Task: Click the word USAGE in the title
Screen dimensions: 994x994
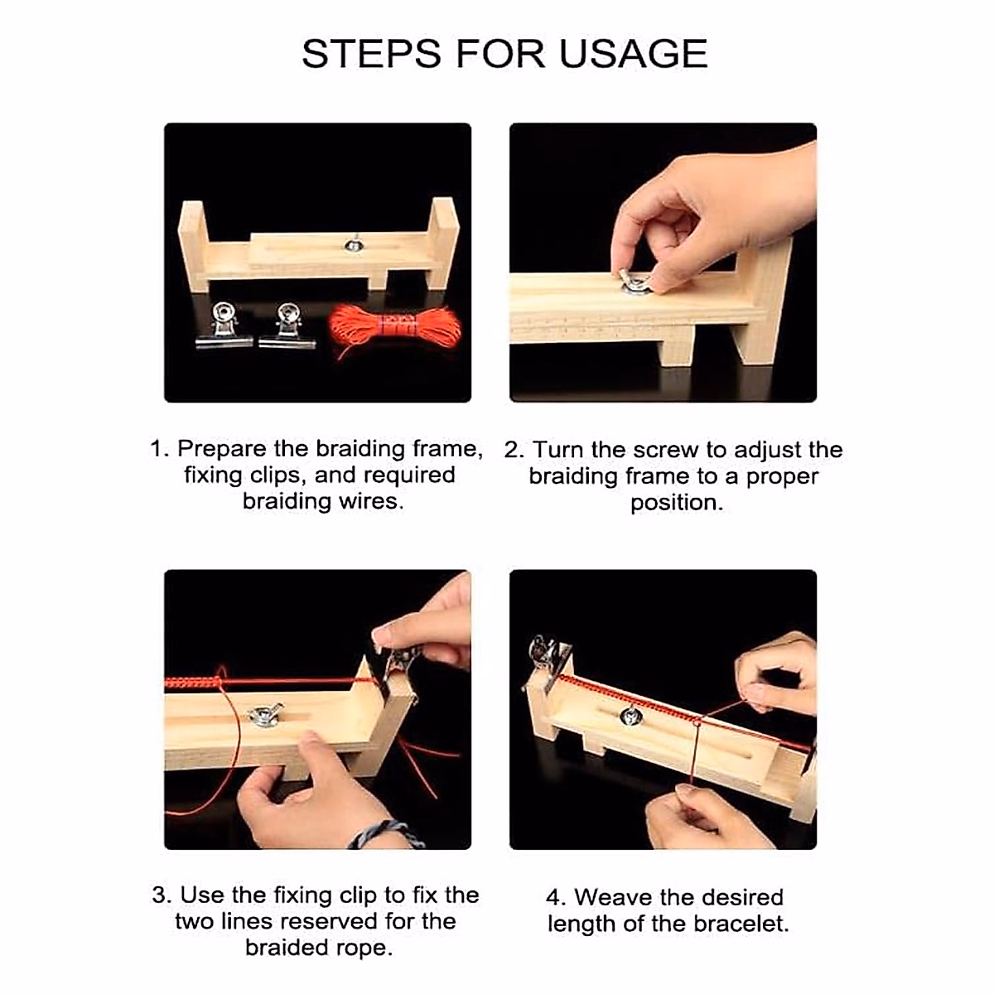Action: coord(633,54)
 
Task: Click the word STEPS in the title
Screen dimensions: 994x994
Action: coord(372,54)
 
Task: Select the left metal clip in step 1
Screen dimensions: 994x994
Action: coord(223,326)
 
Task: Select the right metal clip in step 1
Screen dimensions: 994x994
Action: coord(287,326)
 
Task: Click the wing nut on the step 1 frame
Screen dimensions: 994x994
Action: coord(355,244)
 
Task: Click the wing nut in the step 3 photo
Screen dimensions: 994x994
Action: coord(265,715)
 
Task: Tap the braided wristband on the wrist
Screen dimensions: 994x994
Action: coord(386,832)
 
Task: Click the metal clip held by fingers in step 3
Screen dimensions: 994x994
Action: coord(399,663)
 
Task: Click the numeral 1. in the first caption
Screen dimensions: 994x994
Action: coord(159,449)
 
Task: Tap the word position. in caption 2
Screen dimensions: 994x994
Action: coord(676,503)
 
